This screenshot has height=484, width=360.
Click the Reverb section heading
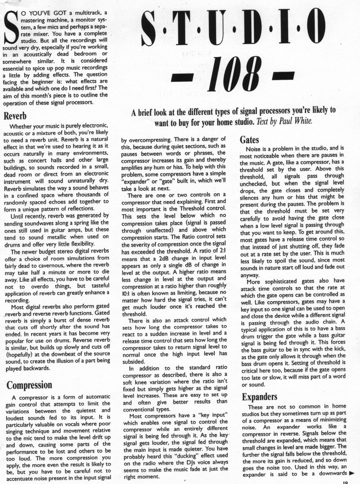(15, 116)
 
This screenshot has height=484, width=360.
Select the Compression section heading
(29, 385)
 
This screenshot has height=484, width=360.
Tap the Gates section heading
(249, 140)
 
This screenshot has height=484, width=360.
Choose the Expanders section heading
(259, 397)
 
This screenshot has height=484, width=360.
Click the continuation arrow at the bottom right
(352, 473)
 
